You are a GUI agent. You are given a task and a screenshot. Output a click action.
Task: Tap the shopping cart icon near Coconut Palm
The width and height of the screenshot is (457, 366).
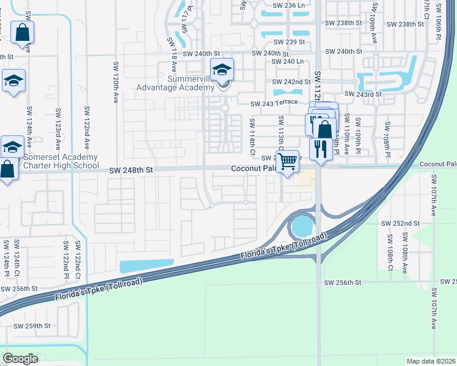(x=287, y=162)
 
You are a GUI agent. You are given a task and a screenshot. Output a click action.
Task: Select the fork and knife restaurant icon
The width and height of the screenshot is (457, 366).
(x=320, y=148)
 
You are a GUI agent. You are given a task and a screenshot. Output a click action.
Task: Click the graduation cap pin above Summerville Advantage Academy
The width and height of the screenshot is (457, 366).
(x=222, y=70)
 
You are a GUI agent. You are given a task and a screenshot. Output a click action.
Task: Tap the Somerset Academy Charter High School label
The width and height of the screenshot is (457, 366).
(x=60, y=161)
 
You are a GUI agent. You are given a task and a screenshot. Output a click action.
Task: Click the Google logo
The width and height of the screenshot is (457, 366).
(x=20, y=358)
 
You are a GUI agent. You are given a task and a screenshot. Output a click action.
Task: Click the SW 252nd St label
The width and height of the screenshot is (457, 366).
(x=400, y=224)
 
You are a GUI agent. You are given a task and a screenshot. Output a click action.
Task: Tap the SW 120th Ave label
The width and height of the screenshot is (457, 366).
(x=115, y=82)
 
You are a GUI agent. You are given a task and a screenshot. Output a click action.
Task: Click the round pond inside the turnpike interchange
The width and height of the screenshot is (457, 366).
(x=301, y=228)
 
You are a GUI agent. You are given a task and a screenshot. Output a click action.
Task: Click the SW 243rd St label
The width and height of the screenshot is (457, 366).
(x=363, y=94)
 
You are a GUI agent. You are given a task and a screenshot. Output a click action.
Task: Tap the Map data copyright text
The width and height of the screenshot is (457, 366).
(x=431, y=361)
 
